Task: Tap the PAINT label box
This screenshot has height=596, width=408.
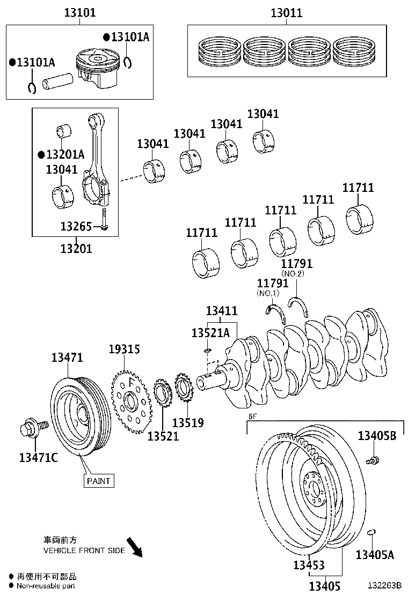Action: click(x=99, y=481)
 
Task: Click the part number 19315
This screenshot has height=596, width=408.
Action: click(x=124, y=349)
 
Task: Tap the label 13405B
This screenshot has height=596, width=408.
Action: click(x=377, y=436)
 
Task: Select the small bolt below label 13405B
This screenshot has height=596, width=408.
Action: click(x=373, y=460)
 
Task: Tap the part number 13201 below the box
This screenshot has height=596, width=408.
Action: click(x=76, y=248)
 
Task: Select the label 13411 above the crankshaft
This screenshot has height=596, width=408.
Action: click(x=221, y=311)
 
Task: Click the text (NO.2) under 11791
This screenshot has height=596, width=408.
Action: click(x=294, y=273)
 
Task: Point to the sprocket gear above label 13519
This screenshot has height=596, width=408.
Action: click(x=184, y=391)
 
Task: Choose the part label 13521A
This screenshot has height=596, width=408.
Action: click(x=210, y=333)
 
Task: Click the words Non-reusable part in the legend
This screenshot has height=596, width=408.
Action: click(x=46, y=586)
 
